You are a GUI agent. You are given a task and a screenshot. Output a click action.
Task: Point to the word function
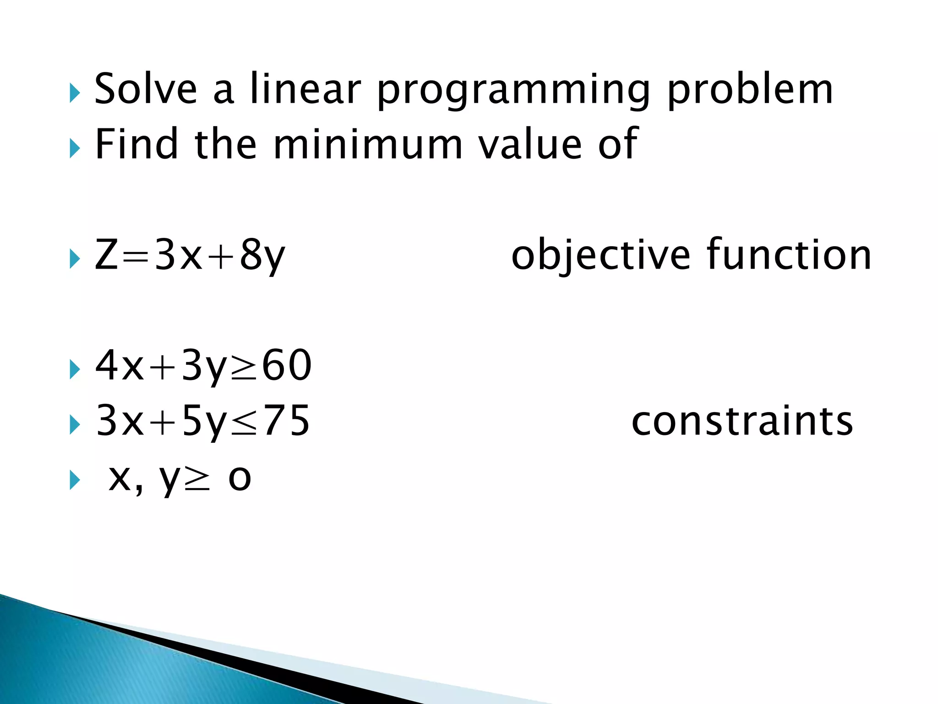click(x=789, y=255)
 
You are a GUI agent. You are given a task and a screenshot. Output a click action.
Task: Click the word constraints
click(x=742, y=421)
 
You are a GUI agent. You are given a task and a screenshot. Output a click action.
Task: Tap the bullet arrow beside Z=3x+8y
click(x=75, y=259)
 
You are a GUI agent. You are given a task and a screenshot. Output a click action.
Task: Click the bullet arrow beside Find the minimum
click(x=75, y=149)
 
